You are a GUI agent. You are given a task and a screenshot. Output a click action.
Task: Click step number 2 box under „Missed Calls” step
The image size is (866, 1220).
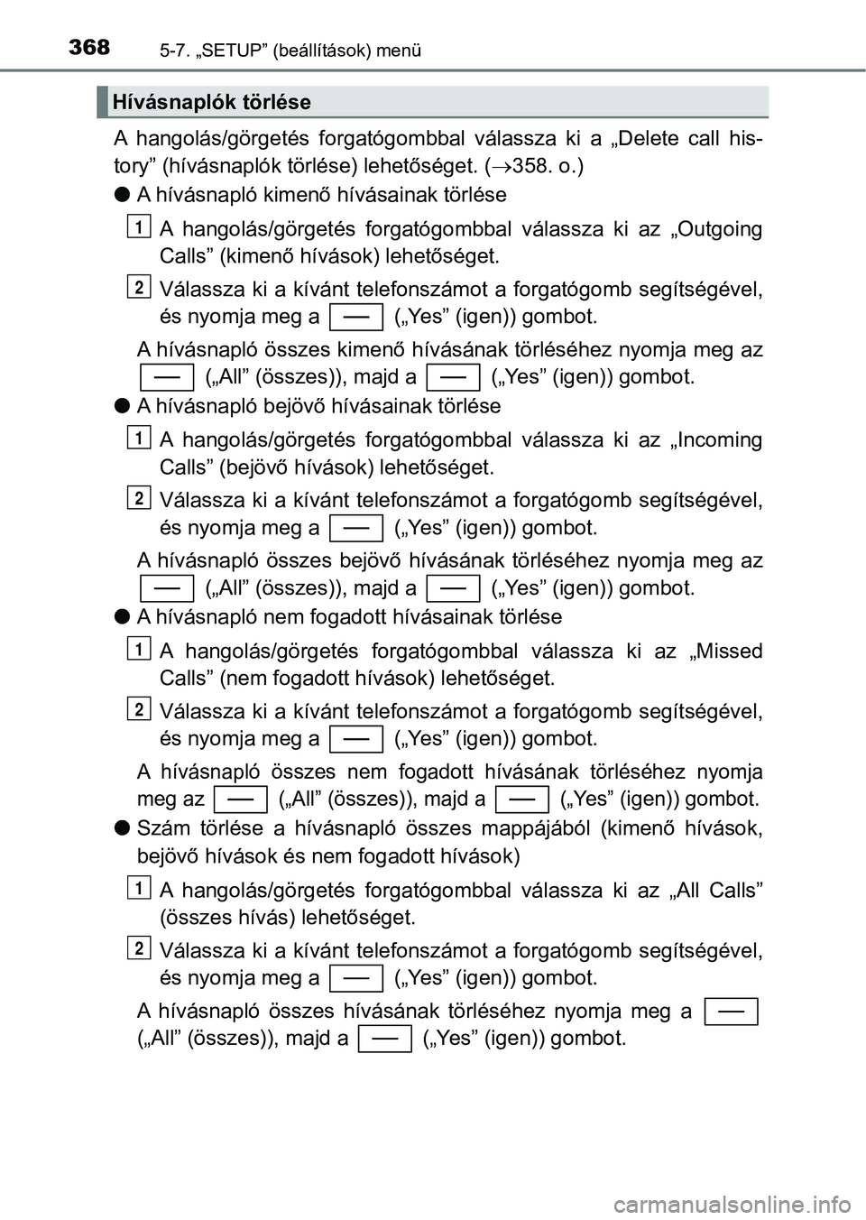pos(139,708)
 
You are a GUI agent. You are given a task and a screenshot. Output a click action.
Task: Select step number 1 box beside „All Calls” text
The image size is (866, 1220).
pos(139,887)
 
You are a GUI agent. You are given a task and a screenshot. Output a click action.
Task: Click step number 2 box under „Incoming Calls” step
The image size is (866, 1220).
pos(139,497)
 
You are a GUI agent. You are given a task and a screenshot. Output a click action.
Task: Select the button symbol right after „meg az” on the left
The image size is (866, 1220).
pos(241,799)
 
